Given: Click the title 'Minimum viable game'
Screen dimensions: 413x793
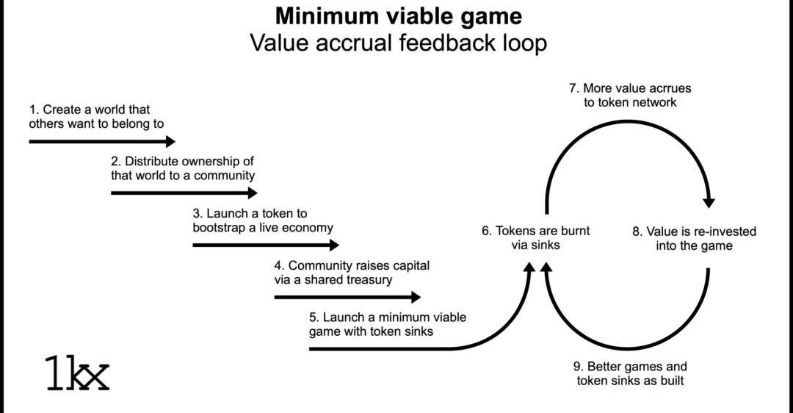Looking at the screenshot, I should [399, 15].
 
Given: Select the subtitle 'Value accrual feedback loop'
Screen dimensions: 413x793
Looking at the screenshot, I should [399, 43].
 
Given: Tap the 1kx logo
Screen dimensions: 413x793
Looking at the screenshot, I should [77, 373].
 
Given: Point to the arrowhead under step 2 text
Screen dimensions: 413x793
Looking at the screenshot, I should [253, 193].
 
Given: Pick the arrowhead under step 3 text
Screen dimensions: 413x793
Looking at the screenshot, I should [335, 245].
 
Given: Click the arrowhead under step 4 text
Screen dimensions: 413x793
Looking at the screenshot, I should [416, 297].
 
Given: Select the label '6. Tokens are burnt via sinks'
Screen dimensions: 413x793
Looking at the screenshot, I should [535, 237].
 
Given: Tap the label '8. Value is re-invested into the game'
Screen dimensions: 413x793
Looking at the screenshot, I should [694, 239].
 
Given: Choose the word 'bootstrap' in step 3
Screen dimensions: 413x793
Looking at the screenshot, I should [219, 228].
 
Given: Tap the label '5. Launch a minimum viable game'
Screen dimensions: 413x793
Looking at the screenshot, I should [388, 324].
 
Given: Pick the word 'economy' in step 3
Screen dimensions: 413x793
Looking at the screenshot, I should [308, 228].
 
